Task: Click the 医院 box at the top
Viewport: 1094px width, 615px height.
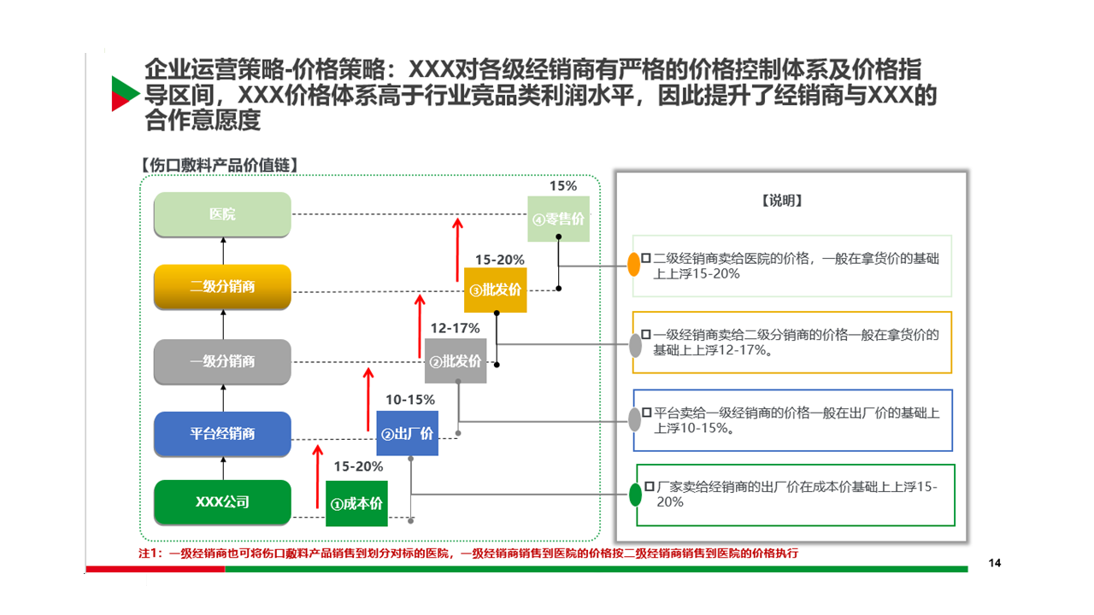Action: tap(222, 214)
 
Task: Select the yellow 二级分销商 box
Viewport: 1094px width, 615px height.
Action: tap(222, 286)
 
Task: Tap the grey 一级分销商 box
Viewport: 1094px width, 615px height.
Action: tap(222, 360)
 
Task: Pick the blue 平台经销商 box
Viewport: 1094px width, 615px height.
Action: tap(222, 433)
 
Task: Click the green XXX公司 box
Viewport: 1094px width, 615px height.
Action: tap(222, 502)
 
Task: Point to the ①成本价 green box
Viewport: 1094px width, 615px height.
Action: tap(356, 503)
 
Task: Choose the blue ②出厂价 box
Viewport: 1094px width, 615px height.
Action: tap(407, 434)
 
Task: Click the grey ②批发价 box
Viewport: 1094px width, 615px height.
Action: tap(456, 361)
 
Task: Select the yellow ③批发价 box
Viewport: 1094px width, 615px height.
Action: tap(496, 290)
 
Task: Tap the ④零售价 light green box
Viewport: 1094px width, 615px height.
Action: tap(559, 219)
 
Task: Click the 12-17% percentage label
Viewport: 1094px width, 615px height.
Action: tap(455, 328)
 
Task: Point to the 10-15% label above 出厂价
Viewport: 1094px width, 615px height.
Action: tap(410, 400)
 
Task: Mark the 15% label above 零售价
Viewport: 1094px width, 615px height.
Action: tap(563, 185)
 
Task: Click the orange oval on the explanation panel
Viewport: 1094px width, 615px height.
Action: tap(634, 264)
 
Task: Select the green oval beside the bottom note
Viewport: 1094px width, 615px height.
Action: tap(635, 494)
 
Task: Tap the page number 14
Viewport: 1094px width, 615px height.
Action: tap(994, 562)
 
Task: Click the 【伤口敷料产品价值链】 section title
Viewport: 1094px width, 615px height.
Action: tap(218, 165)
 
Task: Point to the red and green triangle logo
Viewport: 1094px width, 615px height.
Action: tap(124, 93)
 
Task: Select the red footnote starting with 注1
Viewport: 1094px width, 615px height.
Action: tap(468, 553)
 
